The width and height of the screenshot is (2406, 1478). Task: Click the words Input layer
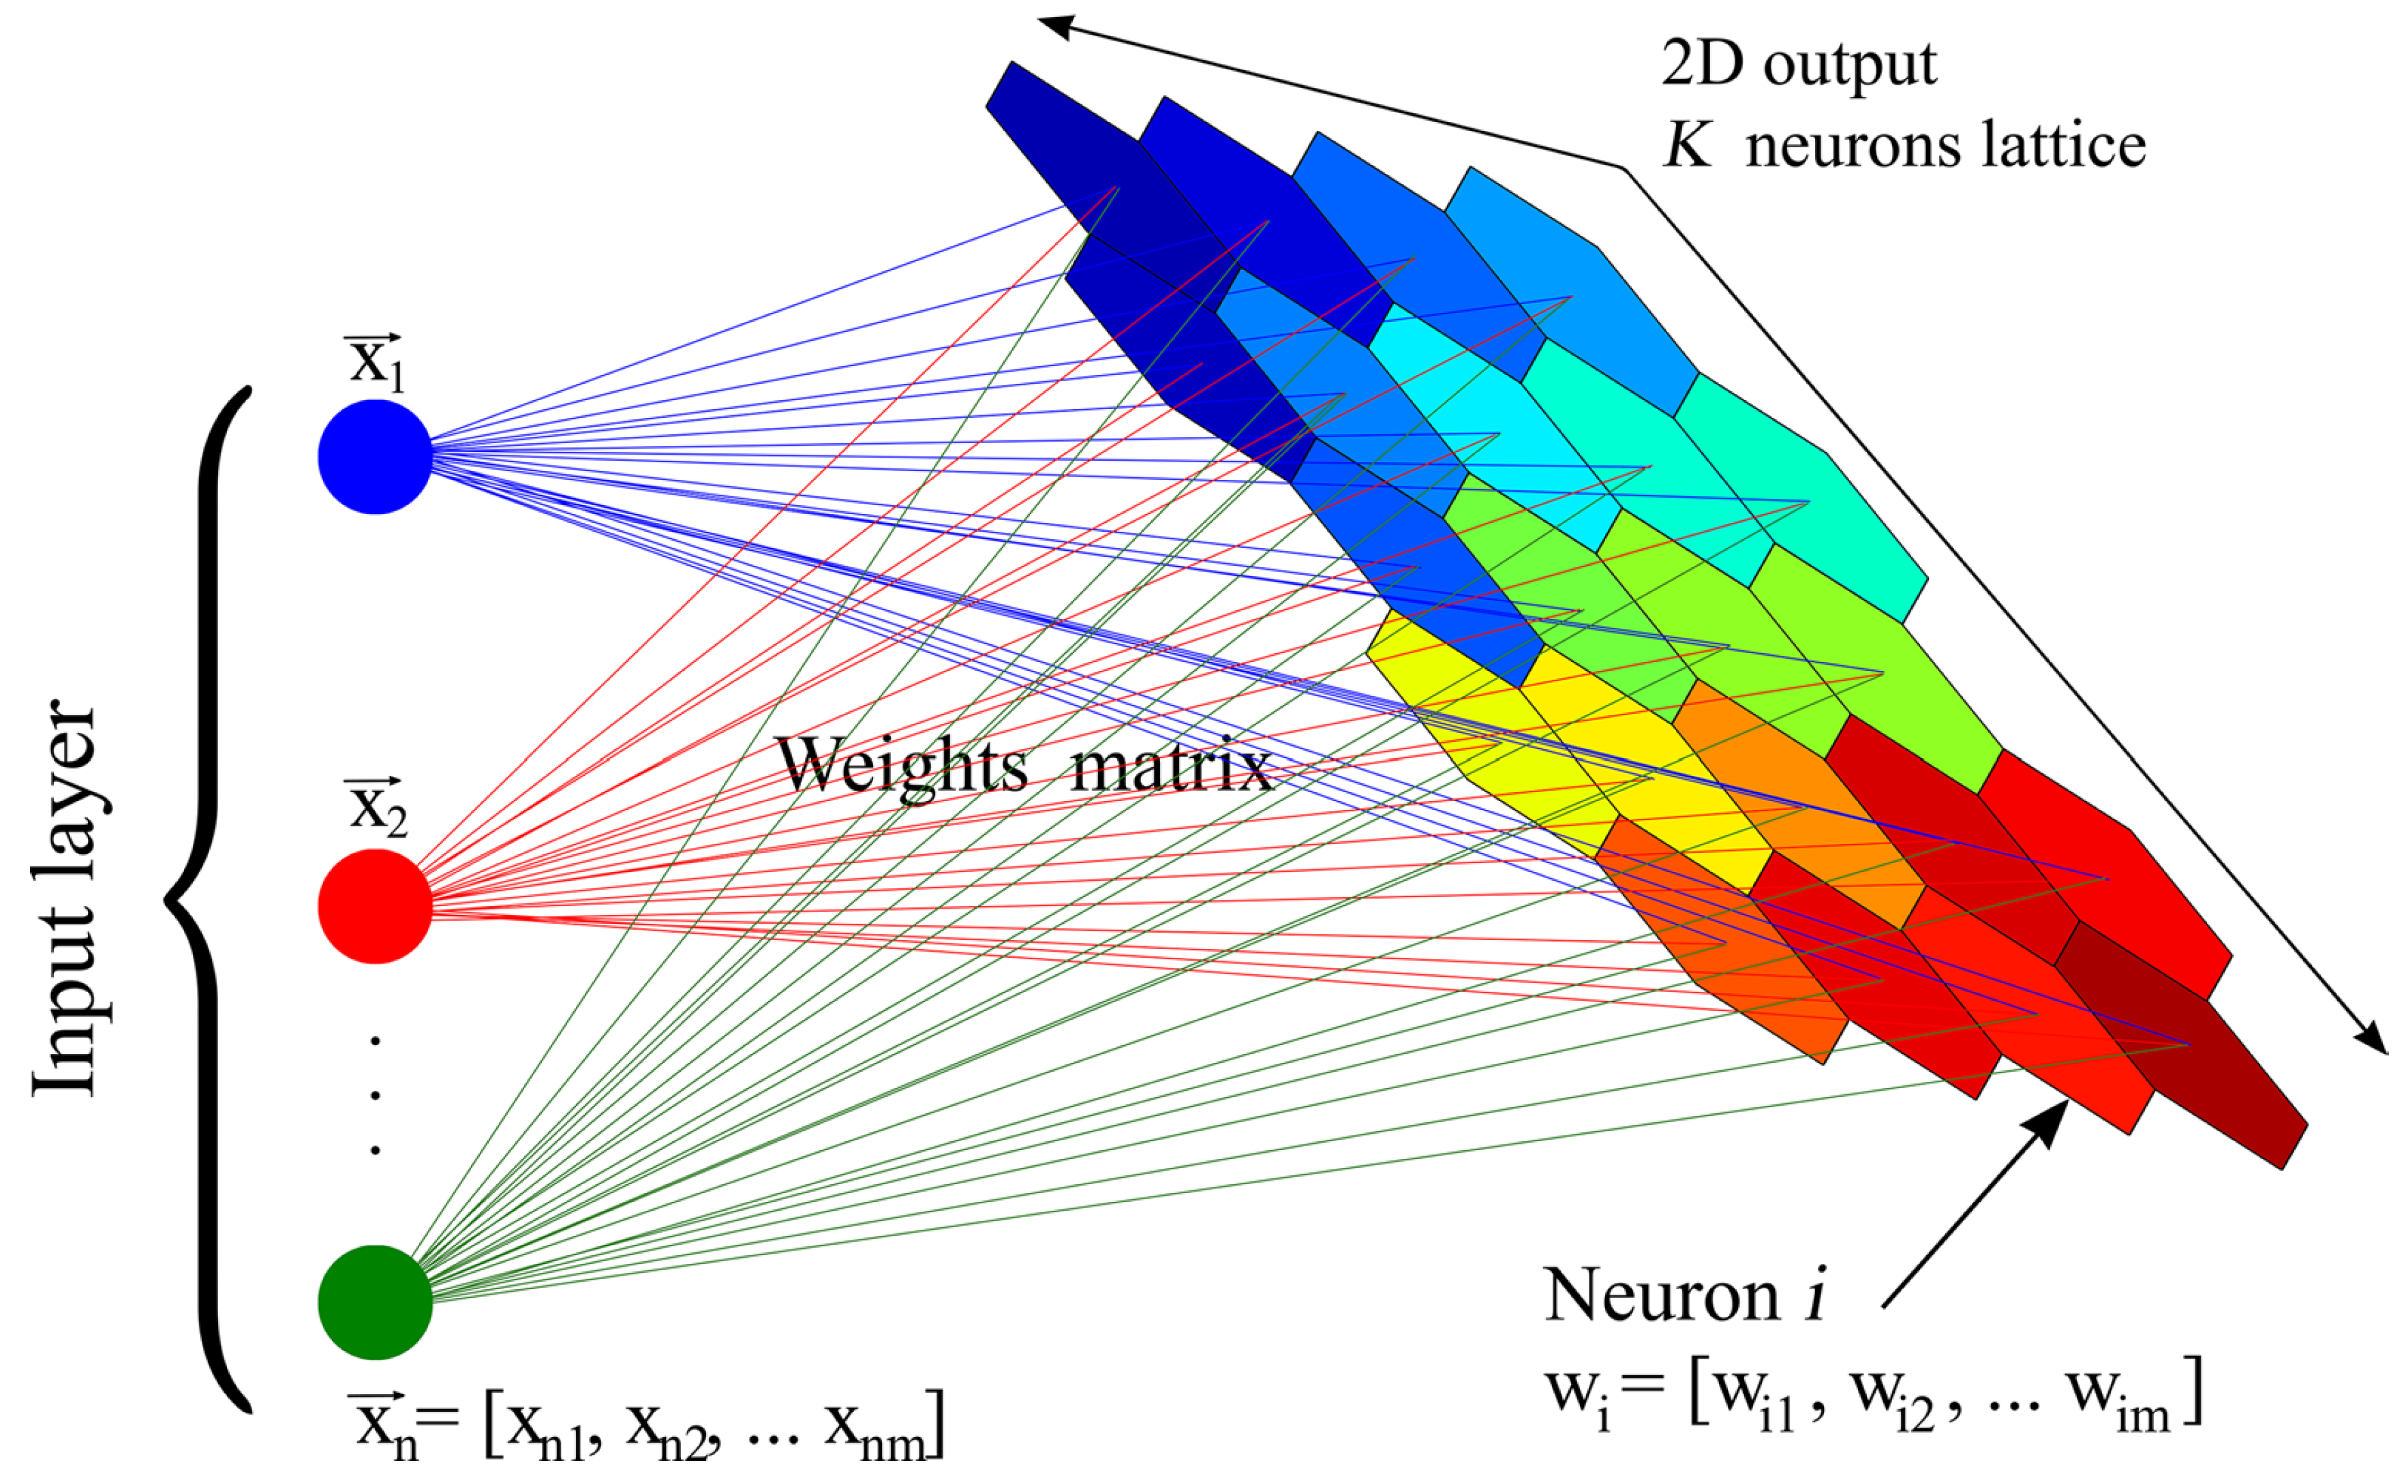tap(66, 899)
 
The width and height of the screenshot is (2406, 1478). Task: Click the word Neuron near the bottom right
tap(1661, 1295)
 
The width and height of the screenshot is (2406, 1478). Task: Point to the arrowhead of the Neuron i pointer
tap(2054, 1115)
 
